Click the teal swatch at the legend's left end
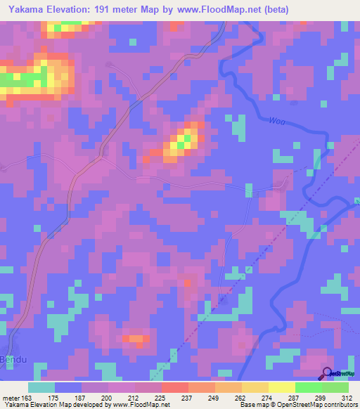point(41,387)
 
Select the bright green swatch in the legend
point(308,387)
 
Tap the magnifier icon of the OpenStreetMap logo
point(327,373)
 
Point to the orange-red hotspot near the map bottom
point(135,339)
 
